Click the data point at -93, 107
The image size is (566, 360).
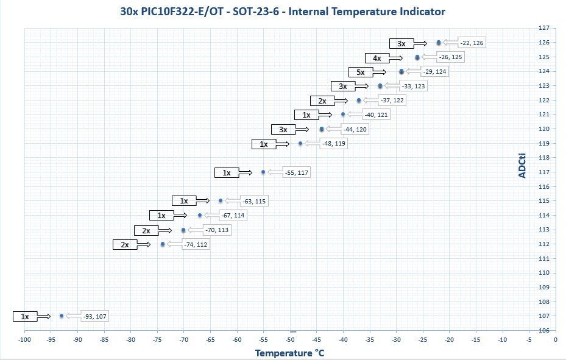tap(62, 316)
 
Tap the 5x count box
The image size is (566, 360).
tap(361, 72)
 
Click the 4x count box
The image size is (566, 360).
tap(377, 58)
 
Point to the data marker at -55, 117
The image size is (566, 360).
tap(263, 172)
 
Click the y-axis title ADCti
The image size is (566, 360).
tap(522, 164)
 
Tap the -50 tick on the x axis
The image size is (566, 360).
tap(290, 339)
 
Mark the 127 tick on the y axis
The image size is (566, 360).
tap(544, 28)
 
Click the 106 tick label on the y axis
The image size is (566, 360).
tap(544, 330)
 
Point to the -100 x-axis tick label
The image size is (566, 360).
tap(24, 339)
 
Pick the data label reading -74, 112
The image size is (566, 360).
tap(196, 244)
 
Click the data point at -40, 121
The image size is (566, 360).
tap(343, 114)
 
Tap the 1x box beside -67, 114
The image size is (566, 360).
tap(161, 215)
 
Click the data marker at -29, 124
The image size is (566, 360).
tap(402, 71)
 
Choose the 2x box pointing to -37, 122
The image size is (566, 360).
tap(322, 101)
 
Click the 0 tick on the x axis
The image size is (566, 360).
tap(555, 339)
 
